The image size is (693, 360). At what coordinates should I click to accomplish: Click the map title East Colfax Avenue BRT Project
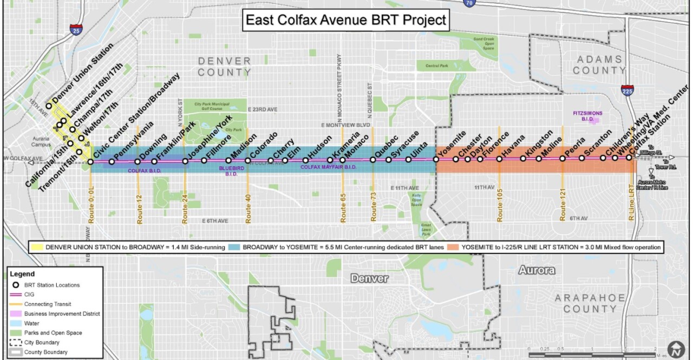[346, 21]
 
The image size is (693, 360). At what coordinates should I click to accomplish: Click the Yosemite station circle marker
[436, 159]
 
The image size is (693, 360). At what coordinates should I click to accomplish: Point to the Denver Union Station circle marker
[49, 106]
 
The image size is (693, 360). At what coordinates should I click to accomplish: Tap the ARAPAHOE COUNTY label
[590, 303]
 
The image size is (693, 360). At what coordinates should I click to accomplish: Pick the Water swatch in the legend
[16, 323]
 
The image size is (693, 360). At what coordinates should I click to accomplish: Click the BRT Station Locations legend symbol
[16, 285]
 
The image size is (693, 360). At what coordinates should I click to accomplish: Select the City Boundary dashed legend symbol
[16, 342]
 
